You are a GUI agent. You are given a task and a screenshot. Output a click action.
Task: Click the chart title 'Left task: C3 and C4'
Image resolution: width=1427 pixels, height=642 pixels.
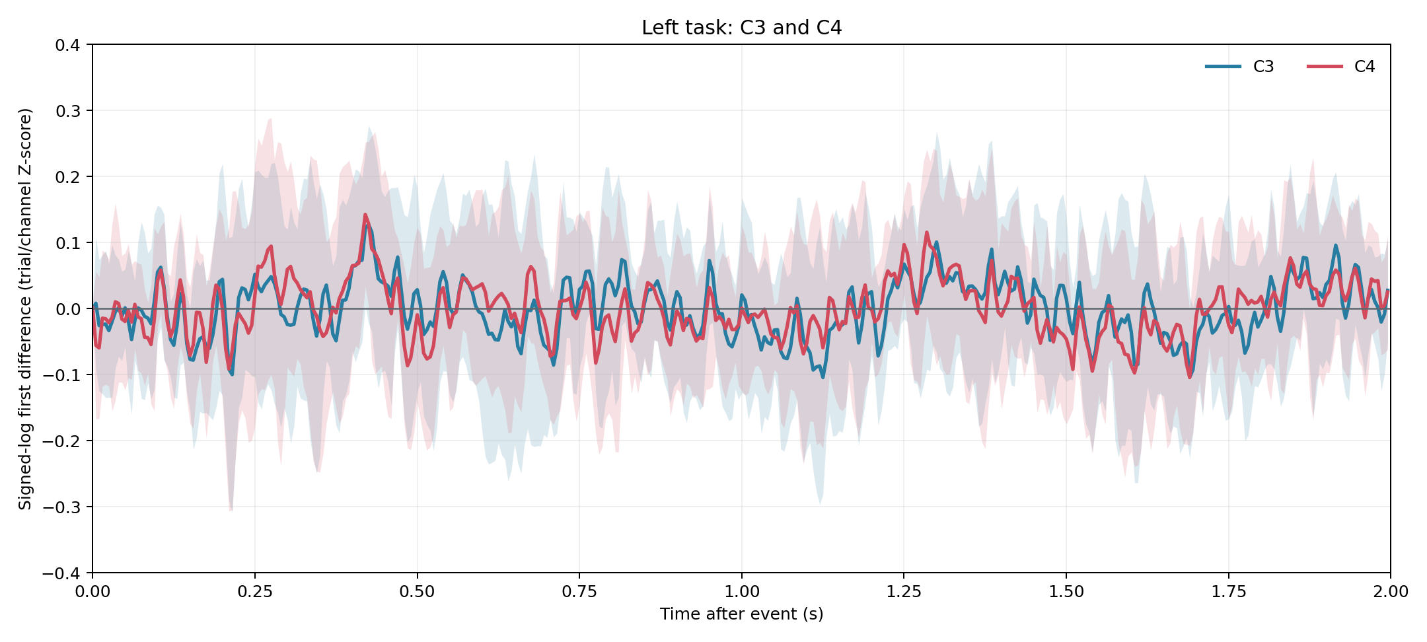[x=741, y=28]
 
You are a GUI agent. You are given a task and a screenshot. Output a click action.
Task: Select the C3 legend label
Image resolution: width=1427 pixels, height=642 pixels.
[x=1263, y=67]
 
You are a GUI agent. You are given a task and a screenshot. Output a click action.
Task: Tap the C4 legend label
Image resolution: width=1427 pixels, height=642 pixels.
[x=1364, y=67]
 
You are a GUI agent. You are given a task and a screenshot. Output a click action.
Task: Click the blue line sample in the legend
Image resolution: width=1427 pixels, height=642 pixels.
[x=1223, y=66]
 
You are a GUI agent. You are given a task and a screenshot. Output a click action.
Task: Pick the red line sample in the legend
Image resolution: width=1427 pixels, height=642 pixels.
[x=1325, y=66]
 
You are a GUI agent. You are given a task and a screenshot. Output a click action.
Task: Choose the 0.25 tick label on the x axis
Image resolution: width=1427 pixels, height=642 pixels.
[x=255, y=592]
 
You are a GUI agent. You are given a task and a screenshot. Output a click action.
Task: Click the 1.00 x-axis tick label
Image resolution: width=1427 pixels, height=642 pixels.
[x=742, y=592]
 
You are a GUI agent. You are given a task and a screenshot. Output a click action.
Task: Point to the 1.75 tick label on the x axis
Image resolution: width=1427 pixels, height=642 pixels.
[x=1229, y=592]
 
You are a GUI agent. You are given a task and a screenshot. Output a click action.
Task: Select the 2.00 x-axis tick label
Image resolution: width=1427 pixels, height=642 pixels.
[x=1391, y=592]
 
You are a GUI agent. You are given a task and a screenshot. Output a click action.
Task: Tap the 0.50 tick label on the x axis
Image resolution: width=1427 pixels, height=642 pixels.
[x=418, y=592]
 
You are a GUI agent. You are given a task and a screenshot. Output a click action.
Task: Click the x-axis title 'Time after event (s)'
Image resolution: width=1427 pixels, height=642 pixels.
[x=741, y=614]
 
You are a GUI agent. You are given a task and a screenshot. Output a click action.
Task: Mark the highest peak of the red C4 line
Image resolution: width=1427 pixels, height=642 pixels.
[x=365, y=215]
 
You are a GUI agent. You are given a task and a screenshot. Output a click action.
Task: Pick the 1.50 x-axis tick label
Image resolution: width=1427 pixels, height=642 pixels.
[x=1066, y=592]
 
